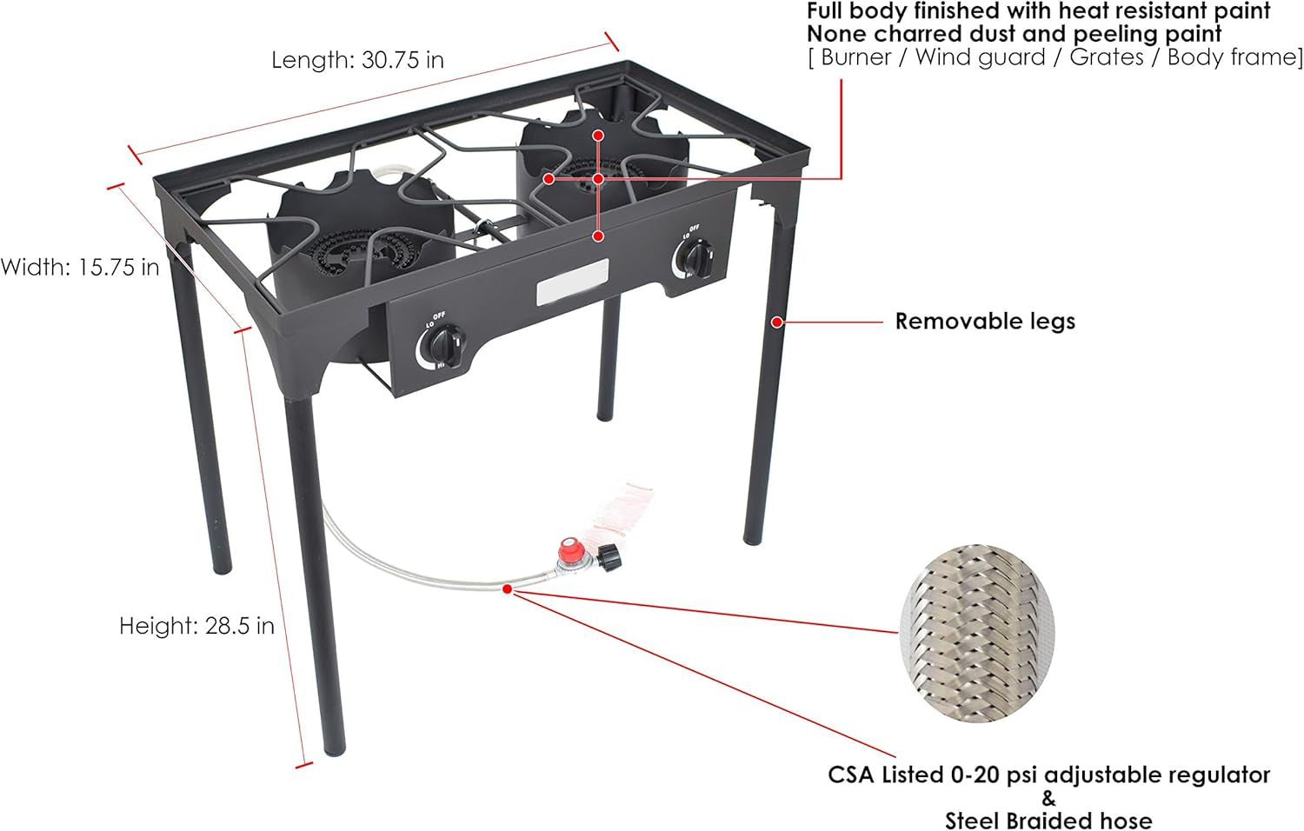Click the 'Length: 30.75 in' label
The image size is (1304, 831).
pyautogui.click(x=357, y=60)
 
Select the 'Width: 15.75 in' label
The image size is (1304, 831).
pyautogui.click(x=80, y=267)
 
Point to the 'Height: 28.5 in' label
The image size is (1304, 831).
pyautogui.click(x=196, y=626)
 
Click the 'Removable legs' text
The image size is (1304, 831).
pyautogui.click(x=985, y=322)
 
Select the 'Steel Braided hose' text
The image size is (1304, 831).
pyautogui.click(x=1048, y=820)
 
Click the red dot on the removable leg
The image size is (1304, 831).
pyautogui.click(x=777, y=322)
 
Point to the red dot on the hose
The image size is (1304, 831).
pyautogui.click(x=507, y=588)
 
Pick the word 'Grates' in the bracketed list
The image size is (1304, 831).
pyautogui.click(x=1107, y=57)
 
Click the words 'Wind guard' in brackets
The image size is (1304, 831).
pyautogui.click(x=980, y=57)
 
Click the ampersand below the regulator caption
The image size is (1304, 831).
pyautogui.click(x=1048, y=798)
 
